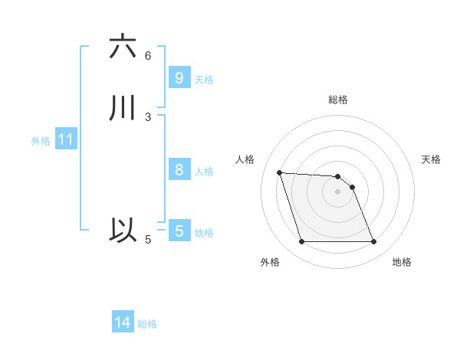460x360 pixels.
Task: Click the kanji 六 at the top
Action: point(123,47)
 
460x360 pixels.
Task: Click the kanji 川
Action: point(123,109)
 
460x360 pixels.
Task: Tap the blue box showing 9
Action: point(179,77)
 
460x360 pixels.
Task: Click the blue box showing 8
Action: point(179,170)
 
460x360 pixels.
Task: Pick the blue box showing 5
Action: point(179,231)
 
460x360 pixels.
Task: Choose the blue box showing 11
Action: point(65,140)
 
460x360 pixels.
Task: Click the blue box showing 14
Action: point(123,322)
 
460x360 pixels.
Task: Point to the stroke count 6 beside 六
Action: point(148,55)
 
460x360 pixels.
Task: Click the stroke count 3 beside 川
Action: point(148,116)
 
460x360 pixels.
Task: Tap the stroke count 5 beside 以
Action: point(148,239)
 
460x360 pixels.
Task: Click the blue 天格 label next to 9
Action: point(204,79)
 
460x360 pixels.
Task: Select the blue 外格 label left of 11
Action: point(41,141)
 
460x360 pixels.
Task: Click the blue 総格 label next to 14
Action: point(147,324)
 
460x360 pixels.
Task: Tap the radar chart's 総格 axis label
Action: point(338,100)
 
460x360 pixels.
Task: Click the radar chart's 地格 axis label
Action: point(402,262)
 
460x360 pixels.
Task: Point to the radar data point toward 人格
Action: point(280,172)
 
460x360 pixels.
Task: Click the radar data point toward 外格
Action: point(301,242)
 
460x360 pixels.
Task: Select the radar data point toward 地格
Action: point(374,242)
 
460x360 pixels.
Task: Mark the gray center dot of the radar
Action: point(338,191)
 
